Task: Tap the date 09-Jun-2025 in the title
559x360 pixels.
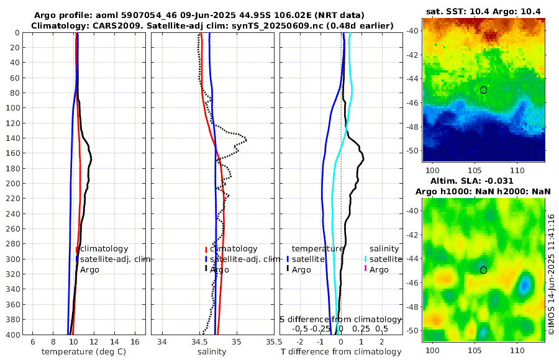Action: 207,15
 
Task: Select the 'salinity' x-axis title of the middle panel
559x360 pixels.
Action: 211,352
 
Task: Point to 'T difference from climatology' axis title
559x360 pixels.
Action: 340,352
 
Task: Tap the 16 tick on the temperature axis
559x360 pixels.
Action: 135,341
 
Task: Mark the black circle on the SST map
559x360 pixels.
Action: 483,90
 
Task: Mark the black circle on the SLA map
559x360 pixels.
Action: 483,270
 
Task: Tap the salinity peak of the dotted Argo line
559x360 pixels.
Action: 246,139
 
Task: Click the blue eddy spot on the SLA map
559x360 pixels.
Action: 525,285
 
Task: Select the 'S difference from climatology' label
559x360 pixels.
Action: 341,319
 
